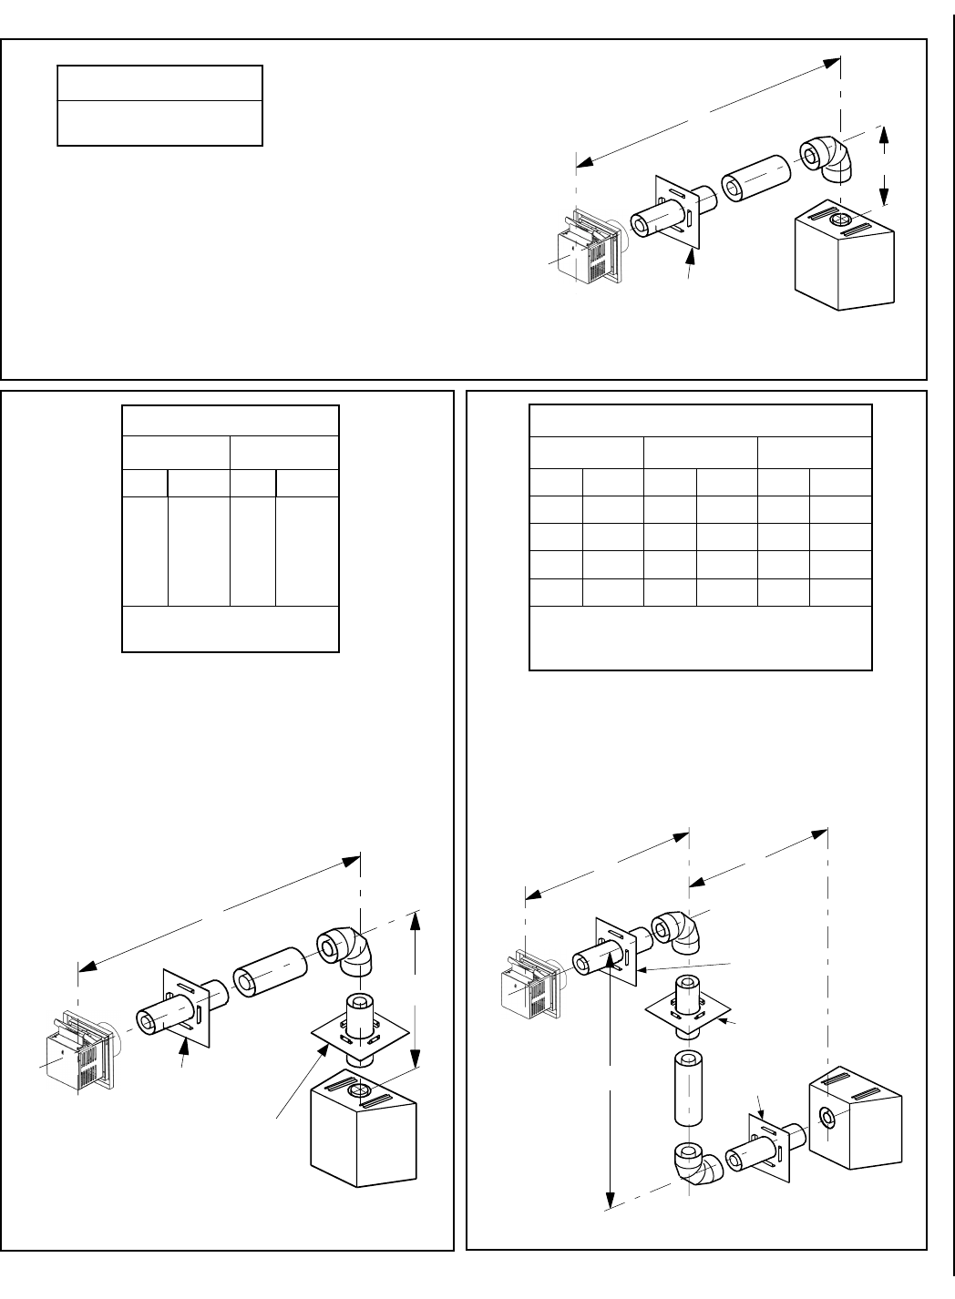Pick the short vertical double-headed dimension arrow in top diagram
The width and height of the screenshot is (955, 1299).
coord(883,165)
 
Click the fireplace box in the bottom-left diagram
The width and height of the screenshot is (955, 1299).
coord(363,1130)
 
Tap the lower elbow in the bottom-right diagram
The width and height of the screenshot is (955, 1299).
coord(692,1165)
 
